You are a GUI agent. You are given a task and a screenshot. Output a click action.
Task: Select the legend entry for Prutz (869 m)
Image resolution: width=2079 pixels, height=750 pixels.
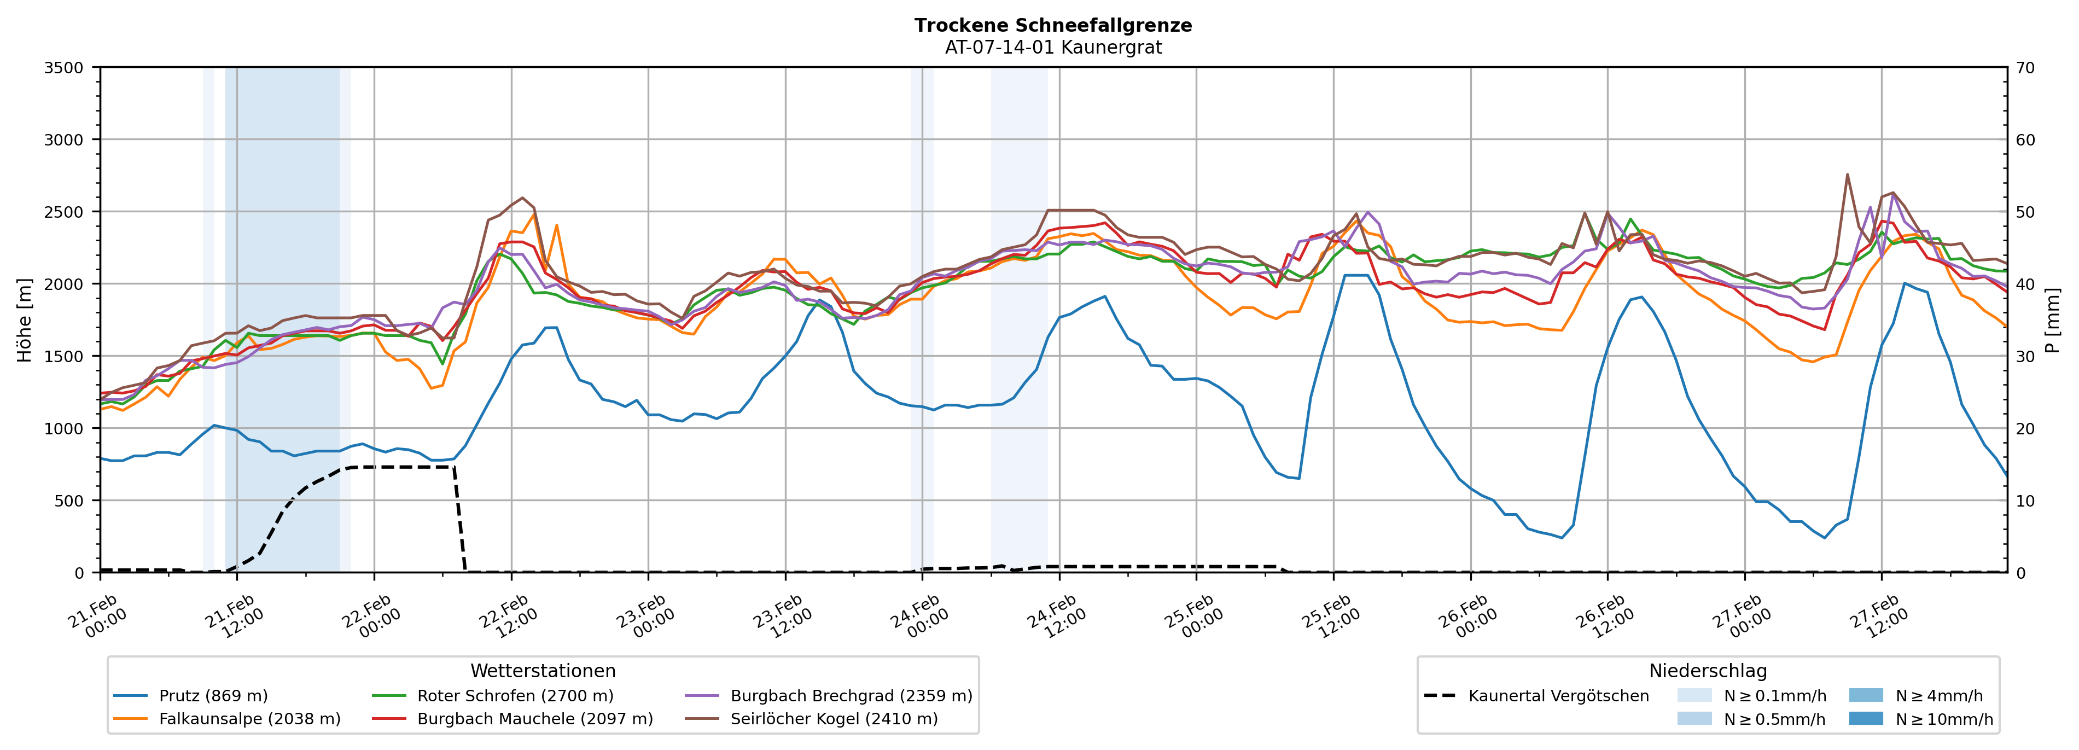point(213,696)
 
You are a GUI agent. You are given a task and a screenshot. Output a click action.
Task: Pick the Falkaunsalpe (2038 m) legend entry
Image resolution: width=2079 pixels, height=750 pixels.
point(249,718)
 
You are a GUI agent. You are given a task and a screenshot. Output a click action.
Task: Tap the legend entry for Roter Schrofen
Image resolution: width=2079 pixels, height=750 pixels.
point(515,696)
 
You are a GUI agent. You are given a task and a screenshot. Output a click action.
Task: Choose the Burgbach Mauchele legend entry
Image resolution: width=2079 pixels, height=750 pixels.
point(534,718)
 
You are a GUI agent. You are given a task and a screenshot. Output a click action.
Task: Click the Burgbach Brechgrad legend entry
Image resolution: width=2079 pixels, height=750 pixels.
point(851,696)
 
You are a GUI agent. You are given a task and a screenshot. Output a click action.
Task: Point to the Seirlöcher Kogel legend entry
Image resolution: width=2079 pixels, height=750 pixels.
point(834,718)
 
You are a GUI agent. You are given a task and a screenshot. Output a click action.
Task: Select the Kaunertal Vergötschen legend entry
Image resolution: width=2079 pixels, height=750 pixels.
point(1558,696)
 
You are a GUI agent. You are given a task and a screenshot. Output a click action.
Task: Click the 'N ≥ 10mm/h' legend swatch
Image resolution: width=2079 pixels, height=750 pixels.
point(1865,718)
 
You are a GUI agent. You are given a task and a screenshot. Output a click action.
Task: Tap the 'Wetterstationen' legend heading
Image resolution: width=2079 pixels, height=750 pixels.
point(543,671)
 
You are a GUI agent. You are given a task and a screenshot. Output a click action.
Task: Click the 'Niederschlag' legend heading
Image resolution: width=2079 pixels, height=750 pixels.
point(1707,671)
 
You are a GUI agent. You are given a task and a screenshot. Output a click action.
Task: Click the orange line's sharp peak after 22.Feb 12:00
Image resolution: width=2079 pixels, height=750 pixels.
point(556,225)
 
